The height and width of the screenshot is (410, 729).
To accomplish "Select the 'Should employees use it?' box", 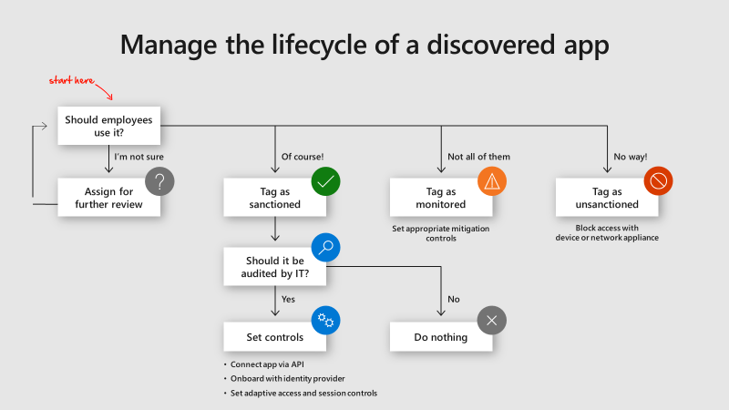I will click(x=109, y=125).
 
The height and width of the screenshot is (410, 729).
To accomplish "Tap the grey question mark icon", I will click(x=159, y=181).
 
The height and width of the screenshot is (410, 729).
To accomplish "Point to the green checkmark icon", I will click(x=325, y=181).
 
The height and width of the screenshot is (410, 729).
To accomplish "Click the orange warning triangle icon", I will click(x=492, y=181).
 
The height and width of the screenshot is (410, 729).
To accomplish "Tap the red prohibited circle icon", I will click(x=658, y=181).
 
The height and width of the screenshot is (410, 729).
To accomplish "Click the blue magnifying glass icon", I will click(x=325, y=248).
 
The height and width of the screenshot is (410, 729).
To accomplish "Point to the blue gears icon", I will click(x=325, y=320).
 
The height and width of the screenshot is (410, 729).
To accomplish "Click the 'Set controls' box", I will click(x=275, y=337).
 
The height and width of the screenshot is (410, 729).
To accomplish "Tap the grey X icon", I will click(x=492, y=320).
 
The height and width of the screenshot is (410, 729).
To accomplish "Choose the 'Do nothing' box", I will click(x=441, y=337).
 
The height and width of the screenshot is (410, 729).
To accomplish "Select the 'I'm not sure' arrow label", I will click(x=139, y=157).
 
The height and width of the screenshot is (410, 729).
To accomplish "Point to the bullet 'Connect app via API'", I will click(x=269, y=364).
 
